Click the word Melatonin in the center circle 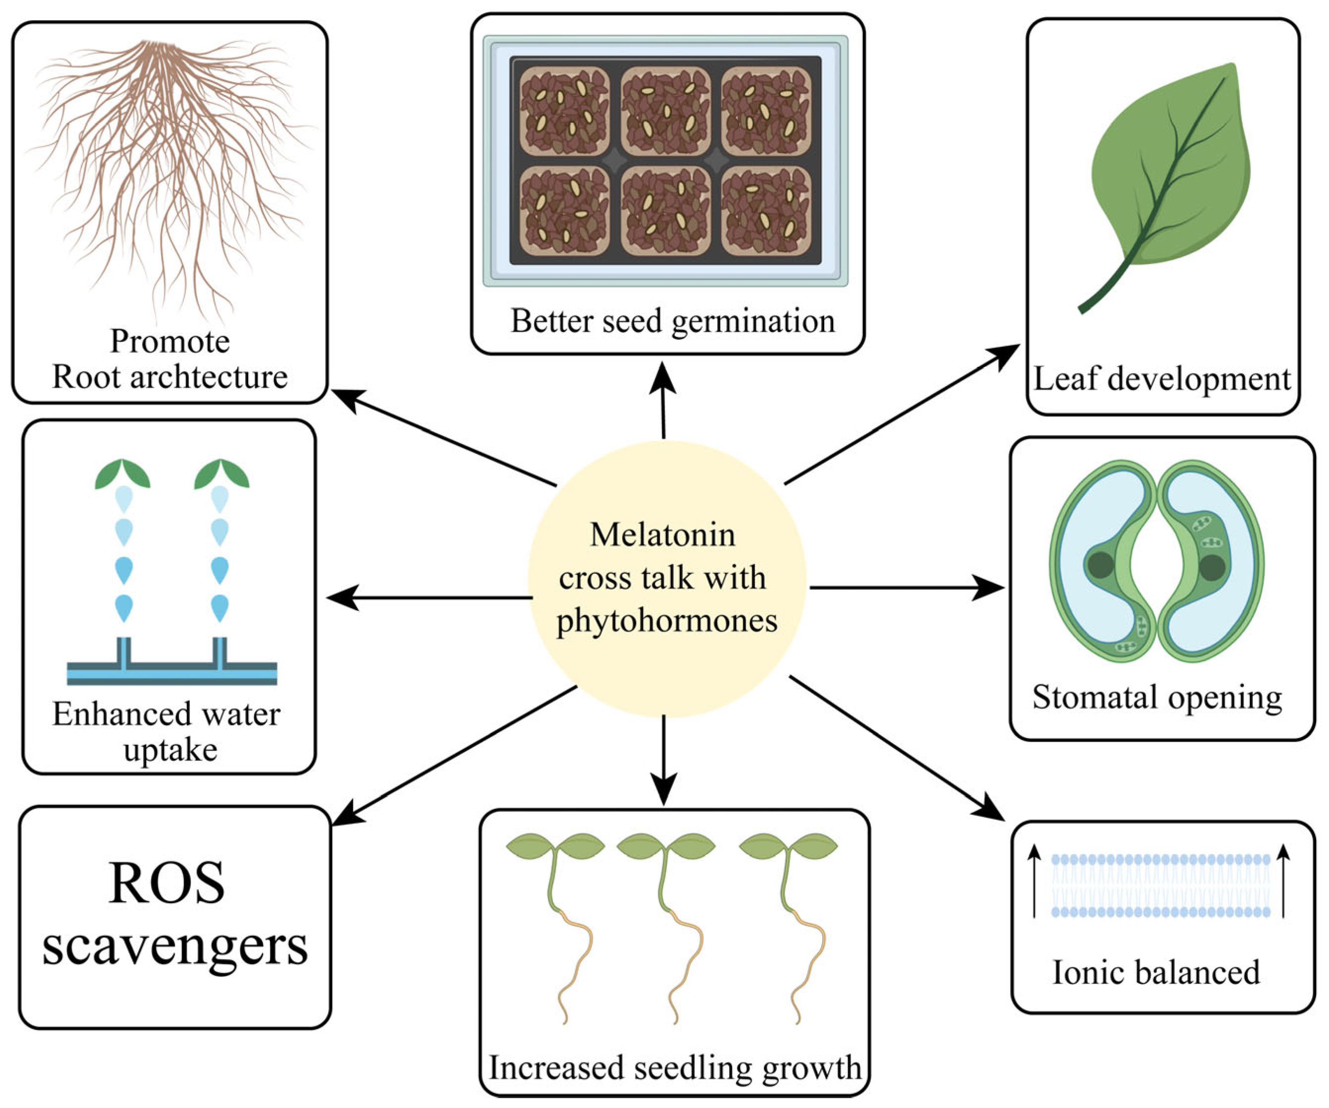[663, 535]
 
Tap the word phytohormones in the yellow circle [666, 620]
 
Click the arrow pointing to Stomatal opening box [905, 588]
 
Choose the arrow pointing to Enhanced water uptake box [430, 597]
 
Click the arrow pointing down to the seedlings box [663, 760]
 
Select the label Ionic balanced [1155, 972]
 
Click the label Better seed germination [673, 321]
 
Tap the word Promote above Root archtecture [170, 341]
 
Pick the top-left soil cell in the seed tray [564, 111]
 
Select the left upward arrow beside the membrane [1034, 880]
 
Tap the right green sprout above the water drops [221, 475]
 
